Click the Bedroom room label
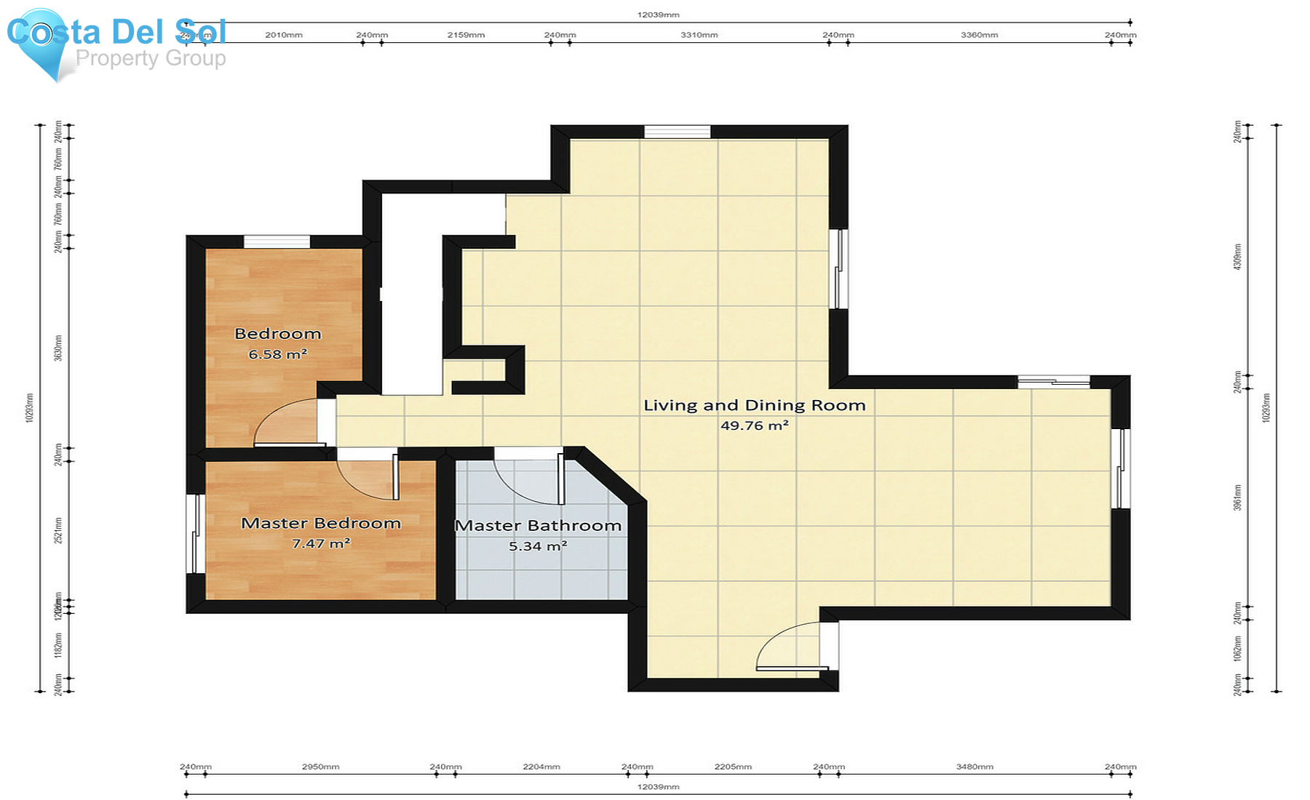click(x=277, y=334)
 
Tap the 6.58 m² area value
click(x=277, y=354)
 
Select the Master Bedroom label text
click(x=320, y=523)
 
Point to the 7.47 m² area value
click(x=320, y=543)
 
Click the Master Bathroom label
click(x=538, y=525)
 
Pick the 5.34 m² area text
click(x=537, y=546)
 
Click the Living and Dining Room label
click(x=754, y=405)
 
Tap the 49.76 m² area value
click(x=754, y=425)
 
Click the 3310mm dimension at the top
click(x=699, y=35)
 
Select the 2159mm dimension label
click(x=466, y=35)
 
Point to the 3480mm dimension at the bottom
click(x=974, y=767)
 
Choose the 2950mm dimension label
click(x=320, y=767)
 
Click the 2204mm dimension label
click(x=541, y=767)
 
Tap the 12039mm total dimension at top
click(x=658, y=15)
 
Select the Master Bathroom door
click(x=528, y=476)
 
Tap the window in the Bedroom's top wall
click(x=277, y=241)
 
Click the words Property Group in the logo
click(x=151, y=57)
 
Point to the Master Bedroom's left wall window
click(x=194, y=535)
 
